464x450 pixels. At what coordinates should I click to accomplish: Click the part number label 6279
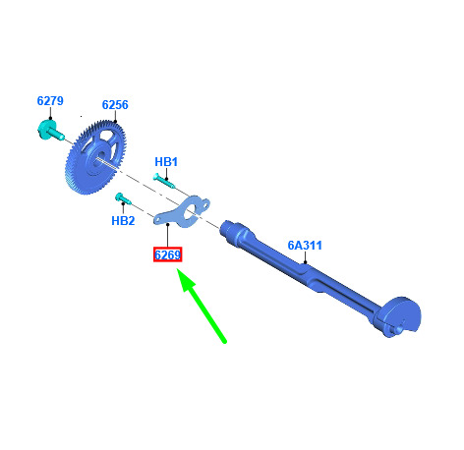(x=50, y=101)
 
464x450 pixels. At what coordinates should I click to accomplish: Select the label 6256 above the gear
(x=115, y=105)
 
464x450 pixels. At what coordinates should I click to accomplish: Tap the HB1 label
(x=166, y=162)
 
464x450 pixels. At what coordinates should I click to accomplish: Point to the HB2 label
(x=123, y=221)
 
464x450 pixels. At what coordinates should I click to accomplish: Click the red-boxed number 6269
(x=167, y=254)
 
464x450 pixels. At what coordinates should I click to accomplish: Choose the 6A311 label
(x=305, y=246)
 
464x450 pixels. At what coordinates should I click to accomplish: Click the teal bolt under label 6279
(x=50, y=131)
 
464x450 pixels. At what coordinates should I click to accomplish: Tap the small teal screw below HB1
(x=164, y=181)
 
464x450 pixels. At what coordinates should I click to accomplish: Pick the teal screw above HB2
(x=123, y=198)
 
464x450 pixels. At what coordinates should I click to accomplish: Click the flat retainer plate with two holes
(x=181, y=211)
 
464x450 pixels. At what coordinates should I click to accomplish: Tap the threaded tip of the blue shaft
(x=227, y=227)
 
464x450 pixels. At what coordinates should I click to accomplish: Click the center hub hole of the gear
(x=99, y=157)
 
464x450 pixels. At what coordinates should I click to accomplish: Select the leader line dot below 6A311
(x=305, y=262)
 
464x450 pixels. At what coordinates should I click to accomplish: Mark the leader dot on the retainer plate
(x=168, y=224)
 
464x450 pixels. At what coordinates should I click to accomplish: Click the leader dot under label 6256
(x=115, y=122)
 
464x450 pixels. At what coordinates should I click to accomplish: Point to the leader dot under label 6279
(x=50, y=118)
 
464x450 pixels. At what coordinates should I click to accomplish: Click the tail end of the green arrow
(x=225, y=342)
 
